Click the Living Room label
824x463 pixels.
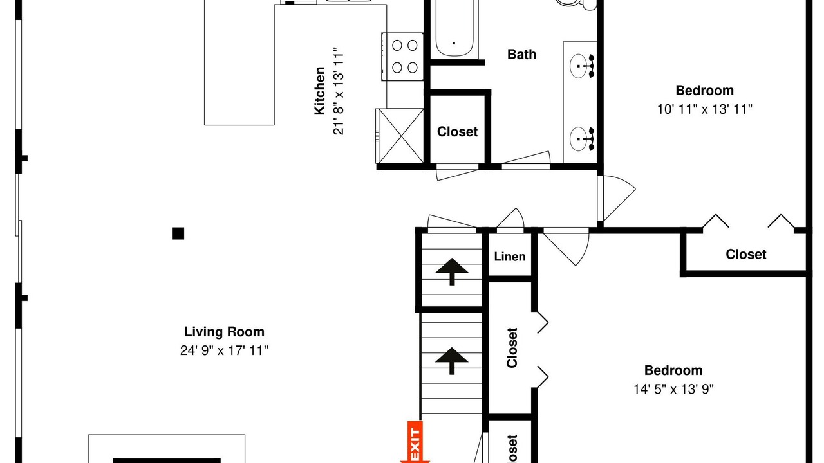tap(224, 332)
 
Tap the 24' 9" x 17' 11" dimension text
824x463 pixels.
tap(224, 350)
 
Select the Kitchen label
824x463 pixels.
tap(319, 91)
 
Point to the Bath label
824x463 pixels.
tap(521, 55)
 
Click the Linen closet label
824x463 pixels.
tap(509, 257)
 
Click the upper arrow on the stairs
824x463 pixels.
tap(452, 271)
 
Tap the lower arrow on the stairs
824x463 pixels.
tap(452, 361)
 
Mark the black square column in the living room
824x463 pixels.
tap(178, 233)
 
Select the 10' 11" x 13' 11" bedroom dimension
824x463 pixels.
tap(704, 109)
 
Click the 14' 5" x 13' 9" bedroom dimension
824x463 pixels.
tap(673, 389)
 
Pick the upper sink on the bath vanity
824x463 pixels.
tap(579, 66)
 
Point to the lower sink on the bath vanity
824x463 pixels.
tap(579, 139)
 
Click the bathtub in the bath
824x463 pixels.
tap(454, 29)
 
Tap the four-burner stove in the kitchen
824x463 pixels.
tap(403, 57)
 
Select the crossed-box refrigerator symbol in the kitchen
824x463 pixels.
tap(400, 136)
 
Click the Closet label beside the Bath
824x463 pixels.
tap(457, 132)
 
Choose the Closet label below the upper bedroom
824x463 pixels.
tap(745, 254)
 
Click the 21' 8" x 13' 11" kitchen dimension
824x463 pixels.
tap(339, 91)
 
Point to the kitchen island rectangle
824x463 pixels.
tap(239, 62)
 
